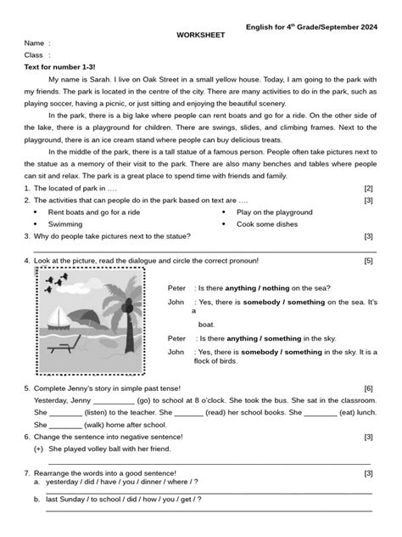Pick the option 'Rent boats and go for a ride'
(98, 212)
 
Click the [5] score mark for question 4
(368, 261)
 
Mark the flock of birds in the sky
(55, 282)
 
